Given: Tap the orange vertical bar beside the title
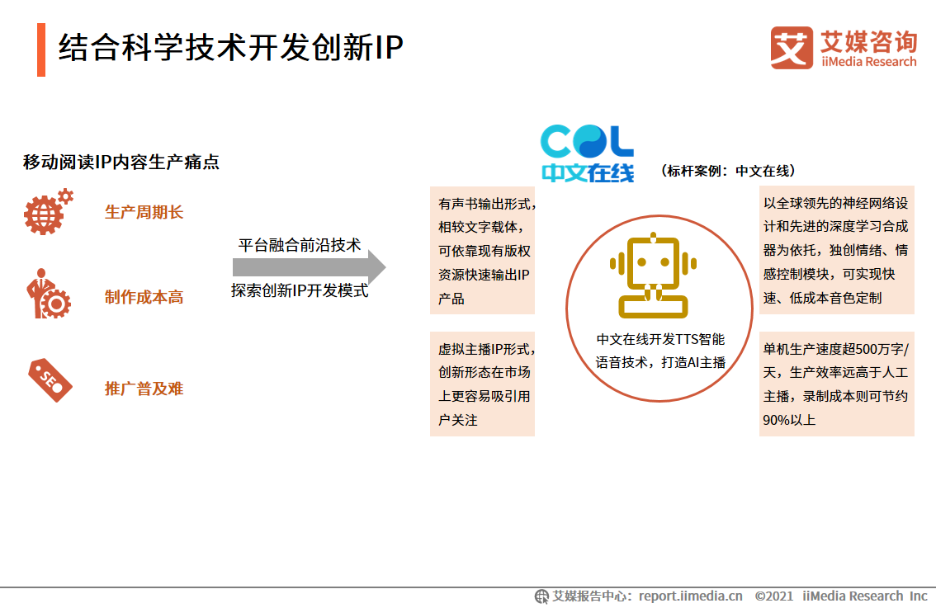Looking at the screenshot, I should coord(41,49).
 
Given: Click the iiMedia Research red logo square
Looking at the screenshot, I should coord(792,48).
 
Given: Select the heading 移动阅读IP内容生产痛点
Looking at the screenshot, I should coord(121,162).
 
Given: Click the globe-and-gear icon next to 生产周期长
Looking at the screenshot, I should coord(48,212).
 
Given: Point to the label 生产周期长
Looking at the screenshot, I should coord(144,213).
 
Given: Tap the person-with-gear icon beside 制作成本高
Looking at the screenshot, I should coord(48,295).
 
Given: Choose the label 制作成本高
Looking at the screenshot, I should coord(144,298).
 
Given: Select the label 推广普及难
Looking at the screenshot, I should coord(144,389).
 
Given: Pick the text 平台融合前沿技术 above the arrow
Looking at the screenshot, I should coord(300,245).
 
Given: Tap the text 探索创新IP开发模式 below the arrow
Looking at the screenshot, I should coord(300,290).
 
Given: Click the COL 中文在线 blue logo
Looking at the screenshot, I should coord(587,153).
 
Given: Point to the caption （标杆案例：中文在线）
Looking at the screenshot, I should coord(727,171).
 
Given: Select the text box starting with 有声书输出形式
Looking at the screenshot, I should coord(482,250).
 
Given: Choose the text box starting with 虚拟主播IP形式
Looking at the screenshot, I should coord(482,384).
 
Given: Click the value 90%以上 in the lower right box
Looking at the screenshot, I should coord(789,420).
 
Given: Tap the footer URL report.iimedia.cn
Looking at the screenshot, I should coord(690,596).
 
